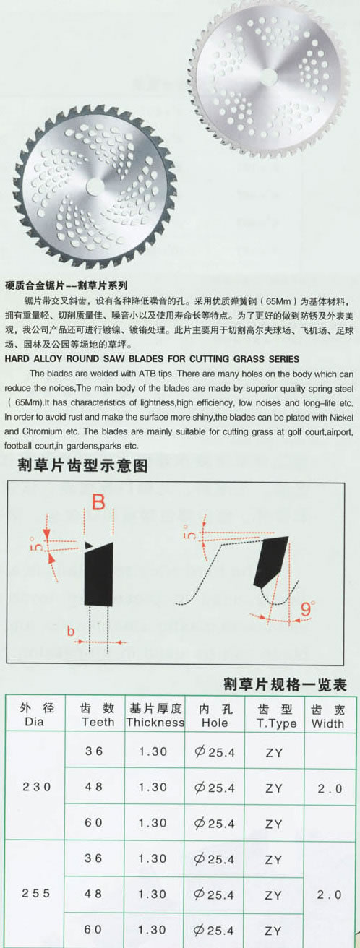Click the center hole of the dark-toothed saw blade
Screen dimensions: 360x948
[95, 185]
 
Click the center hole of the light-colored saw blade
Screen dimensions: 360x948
[268, 76]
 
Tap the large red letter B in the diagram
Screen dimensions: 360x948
[98, 502]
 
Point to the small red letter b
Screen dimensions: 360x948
[71, 632]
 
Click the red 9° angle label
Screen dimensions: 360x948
[307, 608]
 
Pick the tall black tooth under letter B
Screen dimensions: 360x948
[99, 574]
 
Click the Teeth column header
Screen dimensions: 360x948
[98, 715]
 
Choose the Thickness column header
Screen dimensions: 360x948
[155, 715]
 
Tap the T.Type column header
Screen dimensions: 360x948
[275, 716]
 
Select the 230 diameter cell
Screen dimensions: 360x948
[36, 787]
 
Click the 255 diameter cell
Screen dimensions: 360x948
[36, 893]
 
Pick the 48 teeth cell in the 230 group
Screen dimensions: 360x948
[93, 787]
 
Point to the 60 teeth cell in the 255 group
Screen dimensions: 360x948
[93, 929]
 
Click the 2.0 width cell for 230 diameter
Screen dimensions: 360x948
[330, 789]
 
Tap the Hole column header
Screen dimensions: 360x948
[215, 715]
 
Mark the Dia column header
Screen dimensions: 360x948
[35, 715]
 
